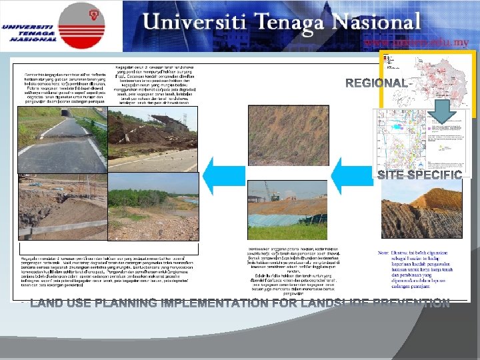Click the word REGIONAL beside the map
(x=376, y=83)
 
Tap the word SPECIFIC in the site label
(x=436, y=175)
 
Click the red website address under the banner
(x=417, y=41)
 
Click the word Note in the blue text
(x=384, y=253)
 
